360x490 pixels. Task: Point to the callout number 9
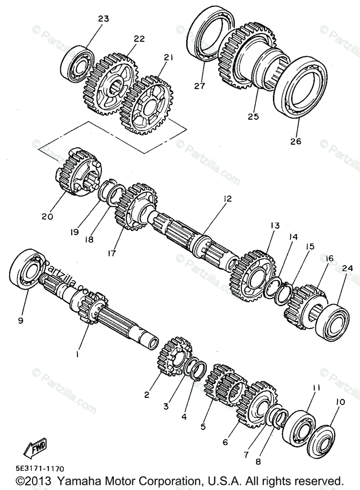click(20, 321)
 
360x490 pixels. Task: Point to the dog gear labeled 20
click(78, 174)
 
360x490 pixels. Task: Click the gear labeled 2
click(175, 356)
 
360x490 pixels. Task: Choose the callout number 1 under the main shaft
click(77, 355)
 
